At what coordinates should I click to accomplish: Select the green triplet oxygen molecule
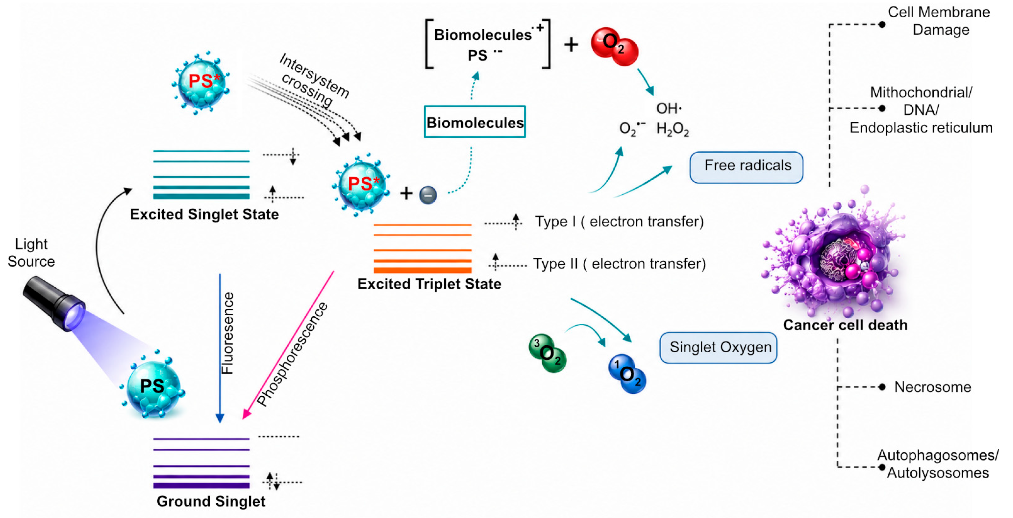pyautogui.click(x=547, y=353)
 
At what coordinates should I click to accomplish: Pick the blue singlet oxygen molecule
pyautogui.click(x=627, y=373)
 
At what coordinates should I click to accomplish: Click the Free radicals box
pyautogui.click(x=746, y=168)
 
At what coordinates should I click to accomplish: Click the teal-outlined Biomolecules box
pyautogui.click(x=475, y=122)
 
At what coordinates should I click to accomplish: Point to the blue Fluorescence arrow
pyautogui.click(x=220, y=348)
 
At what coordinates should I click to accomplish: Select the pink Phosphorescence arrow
pyautogui.click(x=288, y=345)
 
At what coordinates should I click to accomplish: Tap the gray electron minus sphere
pyautogui.click(x=428, y=195)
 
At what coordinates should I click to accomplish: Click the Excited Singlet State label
pyautogui.click(x=204, y=214)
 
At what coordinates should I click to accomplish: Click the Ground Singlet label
pyautogui.click(x=211, y=501)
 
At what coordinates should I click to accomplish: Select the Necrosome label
pyautogui.click(x=933, y=387)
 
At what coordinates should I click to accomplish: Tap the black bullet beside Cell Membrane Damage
pyautogui.click(x=882, y=24)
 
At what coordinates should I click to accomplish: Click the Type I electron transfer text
pyautogui.click(x=619, y=222)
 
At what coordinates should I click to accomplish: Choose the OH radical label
pyautogui.click(x=669, y=108)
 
